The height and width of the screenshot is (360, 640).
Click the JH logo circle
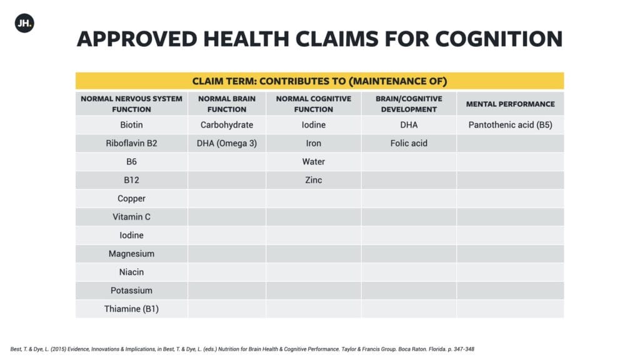click(x=24, y=23)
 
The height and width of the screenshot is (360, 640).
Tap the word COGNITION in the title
click(x=499, y=39)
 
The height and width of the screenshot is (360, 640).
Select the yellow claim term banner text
click(x=319, y=81)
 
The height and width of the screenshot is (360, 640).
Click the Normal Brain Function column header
click(x=226, y=104)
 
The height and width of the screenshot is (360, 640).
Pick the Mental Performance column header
click(x=510, y=104)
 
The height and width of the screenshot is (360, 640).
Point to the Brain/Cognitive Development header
click(x=409, y=104)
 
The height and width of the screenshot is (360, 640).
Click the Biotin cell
click(x=131, y=125)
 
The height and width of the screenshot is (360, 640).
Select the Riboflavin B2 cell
click(x=131, y=143)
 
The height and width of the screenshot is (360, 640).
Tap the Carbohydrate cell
click(x=226, y=125)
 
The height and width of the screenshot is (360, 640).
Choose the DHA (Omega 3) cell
click(x=226, y=143)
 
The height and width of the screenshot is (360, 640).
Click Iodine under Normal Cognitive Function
click(x=314, y=125)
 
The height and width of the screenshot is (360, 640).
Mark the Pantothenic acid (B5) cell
click(x=510, y=125)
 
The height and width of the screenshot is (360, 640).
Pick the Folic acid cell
click(x=409, y=143)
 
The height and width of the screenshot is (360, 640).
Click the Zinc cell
click(x=314, y=180)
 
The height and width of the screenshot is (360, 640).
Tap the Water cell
click(x=314, y=162)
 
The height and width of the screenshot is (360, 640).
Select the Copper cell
click(x=131, y=199)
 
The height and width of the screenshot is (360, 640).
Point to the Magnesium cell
click(x=131, y=254)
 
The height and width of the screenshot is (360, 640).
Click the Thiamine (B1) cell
click(x=131, y=309)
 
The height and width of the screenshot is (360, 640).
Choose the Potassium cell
click(x=131, y=291)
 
